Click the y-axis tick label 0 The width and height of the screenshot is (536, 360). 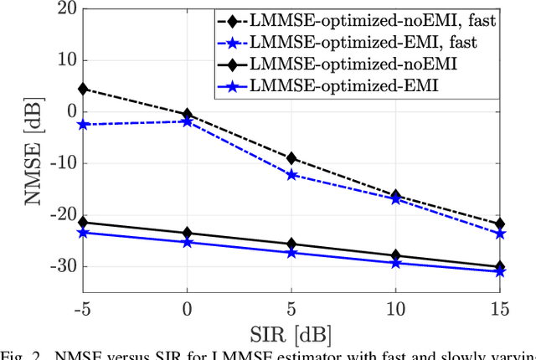(x=68, y=112)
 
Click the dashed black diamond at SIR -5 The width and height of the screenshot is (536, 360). (x=82, y=89)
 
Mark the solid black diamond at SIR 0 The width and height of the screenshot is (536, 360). (x=187, y=233)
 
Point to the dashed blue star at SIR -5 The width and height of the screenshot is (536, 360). (x=82, y=124)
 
